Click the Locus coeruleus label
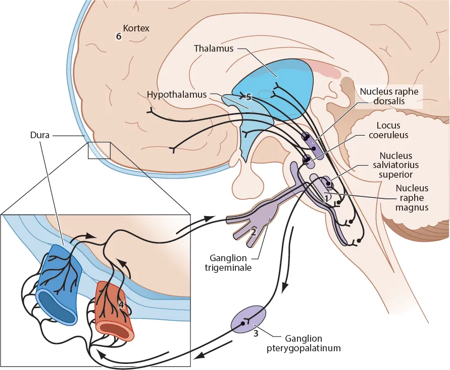pyautogui.click(x=393, y=130)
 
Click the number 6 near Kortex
pyautogui.click(x=119, y=36)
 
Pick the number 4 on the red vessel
pyautogui.click(x=121, y=304)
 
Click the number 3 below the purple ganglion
pyautogui.click(x=256, y=334)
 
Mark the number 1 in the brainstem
pyautogui.click(x=327, y=198)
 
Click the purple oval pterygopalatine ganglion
pyautogui.click(x=248, y=319)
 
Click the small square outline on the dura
pyautogui.click(x=99, y=150)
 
